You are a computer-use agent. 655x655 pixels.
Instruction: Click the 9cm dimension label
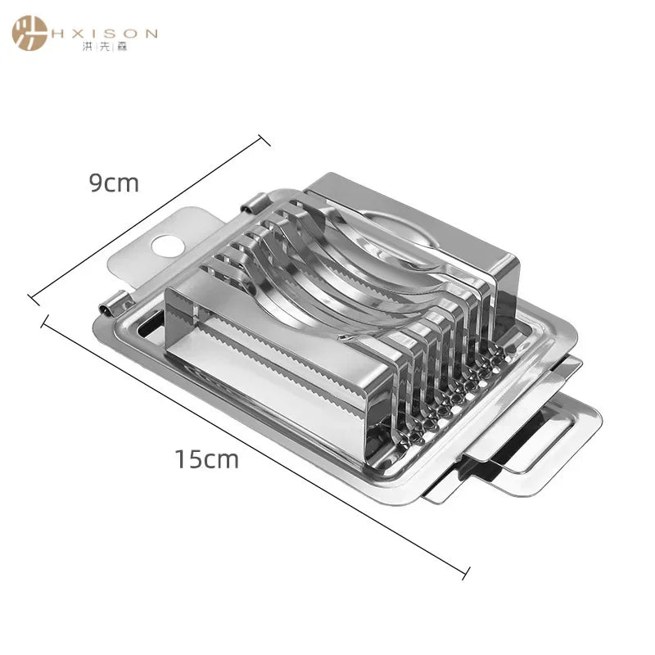pos(114,183)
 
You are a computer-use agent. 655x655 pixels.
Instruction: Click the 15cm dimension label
pos(207,459)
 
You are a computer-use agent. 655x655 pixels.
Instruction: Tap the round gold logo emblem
pos(29,33)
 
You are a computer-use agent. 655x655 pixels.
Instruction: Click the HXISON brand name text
pos(105,34)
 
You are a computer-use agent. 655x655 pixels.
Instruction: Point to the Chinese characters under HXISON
pos(105,47)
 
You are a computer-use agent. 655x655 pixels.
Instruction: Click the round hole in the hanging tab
pos(168,246)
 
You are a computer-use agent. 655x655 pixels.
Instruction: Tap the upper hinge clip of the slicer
pos(254,202)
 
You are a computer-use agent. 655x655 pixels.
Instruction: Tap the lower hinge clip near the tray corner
pos(114,304)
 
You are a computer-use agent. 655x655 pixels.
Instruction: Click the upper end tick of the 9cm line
pos(264,140)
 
